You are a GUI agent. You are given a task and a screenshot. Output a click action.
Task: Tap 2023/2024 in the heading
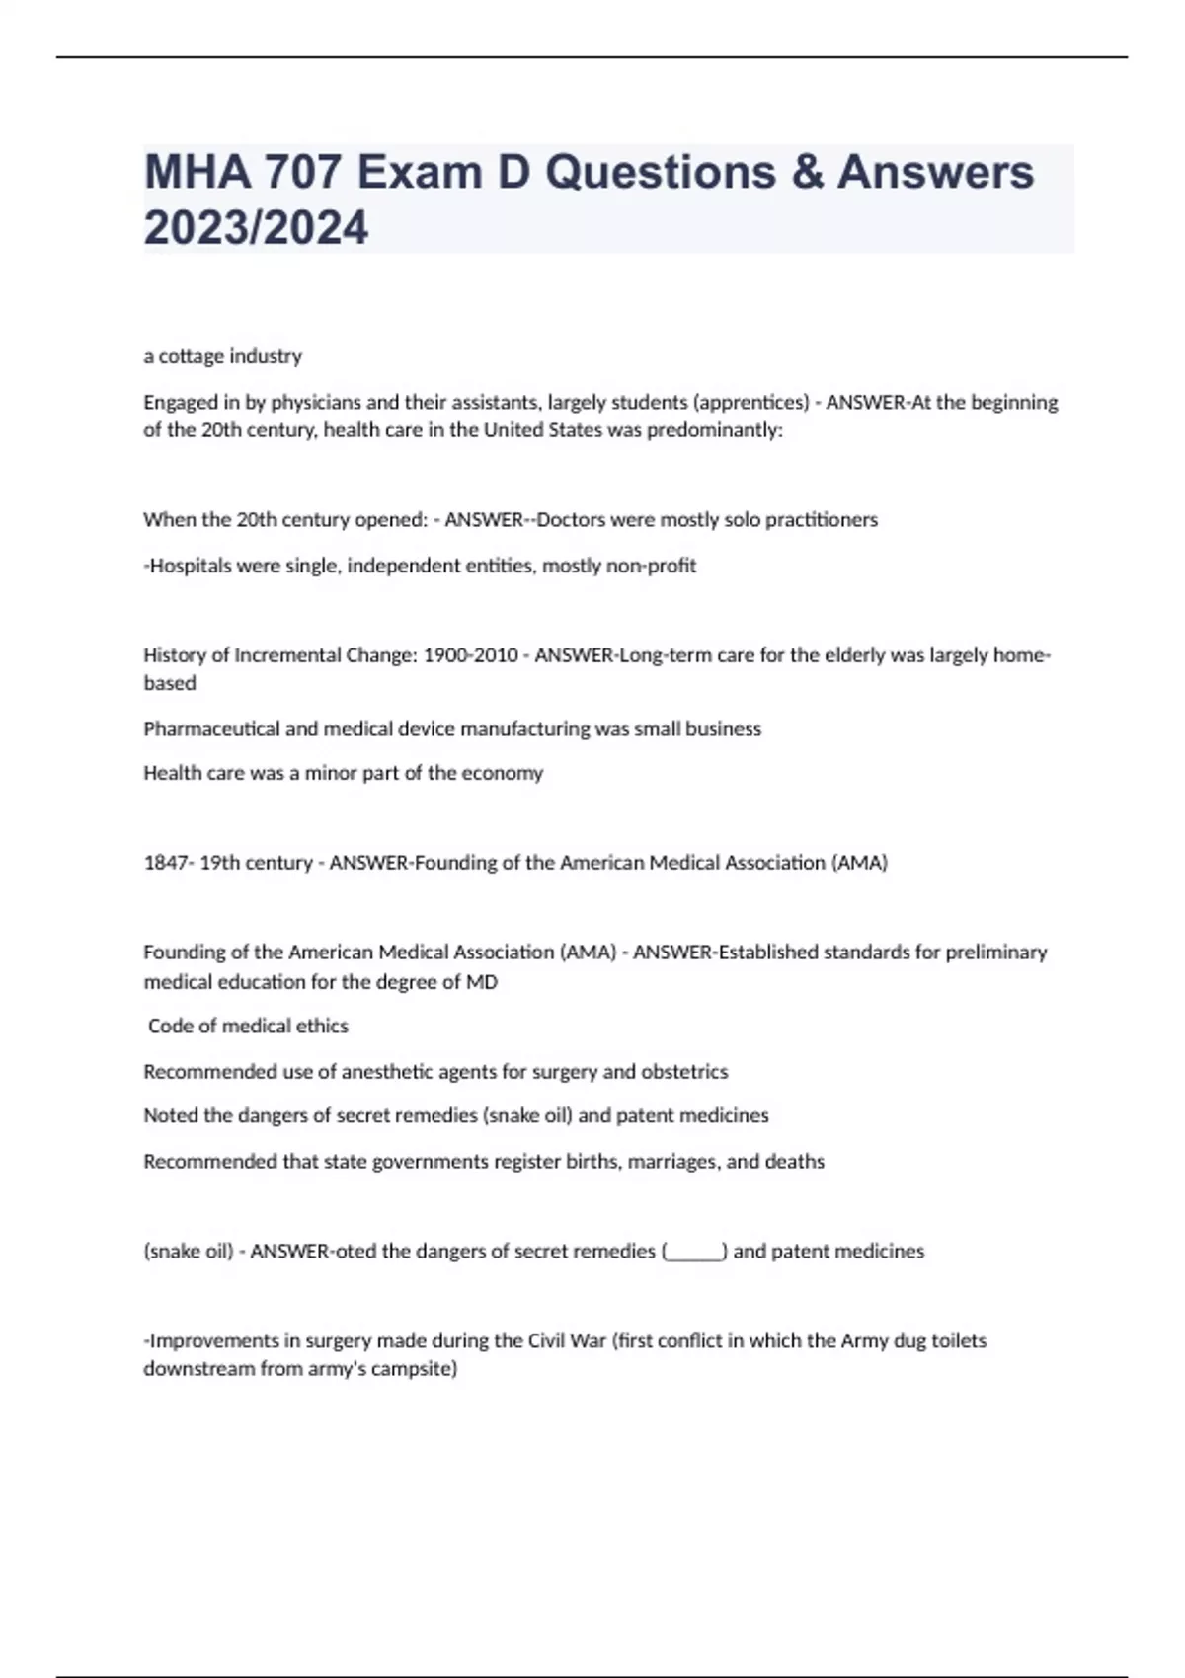tap(256, 228)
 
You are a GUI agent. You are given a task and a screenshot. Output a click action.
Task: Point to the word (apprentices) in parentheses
tap(751, 403)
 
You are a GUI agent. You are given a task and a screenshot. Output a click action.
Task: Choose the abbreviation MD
tap(482, 982)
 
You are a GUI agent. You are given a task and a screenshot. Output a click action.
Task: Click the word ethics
tap(324, 1027)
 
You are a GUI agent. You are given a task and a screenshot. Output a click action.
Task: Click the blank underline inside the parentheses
tap(695, 1252)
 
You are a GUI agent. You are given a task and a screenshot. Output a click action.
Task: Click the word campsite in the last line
tap(416, 1370)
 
